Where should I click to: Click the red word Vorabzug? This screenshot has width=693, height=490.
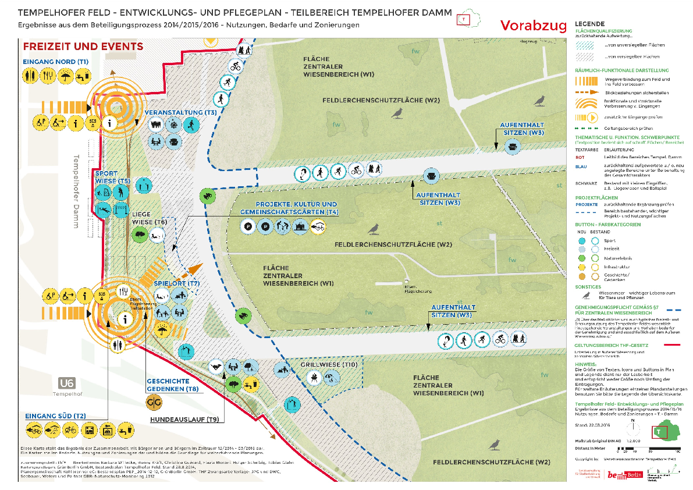(x=533, y=25)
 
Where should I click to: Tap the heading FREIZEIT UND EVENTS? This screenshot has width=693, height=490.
(x=82, y=47)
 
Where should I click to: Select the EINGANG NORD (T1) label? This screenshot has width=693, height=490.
(x=56, y=61)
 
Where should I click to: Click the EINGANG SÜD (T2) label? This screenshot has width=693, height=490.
(x=55, y=416)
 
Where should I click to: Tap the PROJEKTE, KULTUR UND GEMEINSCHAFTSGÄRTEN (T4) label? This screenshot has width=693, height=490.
(x=289, y=208)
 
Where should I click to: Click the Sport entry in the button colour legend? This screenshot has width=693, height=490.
(x=609, y=240)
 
